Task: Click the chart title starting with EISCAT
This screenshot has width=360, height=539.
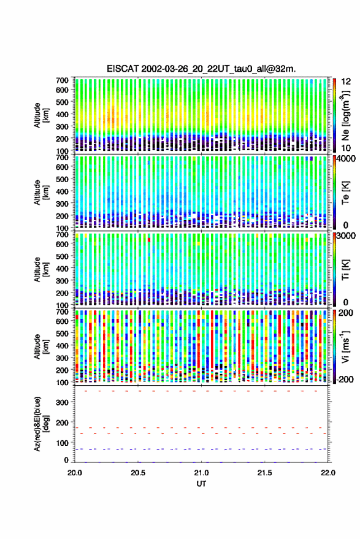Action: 201,69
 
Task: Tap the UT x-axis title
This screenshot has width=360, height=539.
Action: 201,484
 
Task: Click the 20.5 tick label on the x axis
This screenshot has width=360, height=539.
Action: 138,473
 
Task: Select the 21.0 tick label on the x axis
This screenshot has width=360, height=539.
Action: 201,473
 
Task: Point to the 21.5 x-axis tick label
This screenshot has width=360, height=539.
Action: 264,473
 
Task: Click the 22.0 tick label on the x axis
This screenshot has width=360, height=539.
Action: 327,473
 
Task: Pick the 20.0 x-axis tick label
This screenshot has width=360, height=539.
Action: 75,473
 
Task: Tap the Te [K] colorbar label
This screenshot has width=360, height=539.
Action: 345,193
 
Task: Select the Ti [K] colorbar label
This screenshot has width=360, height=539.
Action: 345,270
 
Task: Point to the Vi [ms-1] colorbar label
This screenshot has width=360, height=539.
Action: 345,346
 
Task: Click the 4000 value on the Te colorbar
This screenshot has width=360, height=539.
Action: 347,159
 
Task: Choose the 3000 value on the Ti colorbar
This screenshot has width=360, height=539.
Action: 347,236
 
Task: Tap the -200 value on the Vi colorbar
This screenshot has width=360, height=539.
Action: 345,380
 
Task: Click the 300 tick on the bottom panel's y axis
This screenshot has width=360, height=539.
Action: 62,402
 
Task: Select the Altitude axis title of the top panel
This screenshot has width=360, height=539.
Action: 41,115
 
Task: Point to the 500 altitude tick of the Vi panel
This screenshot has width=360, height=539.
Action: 62,333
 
